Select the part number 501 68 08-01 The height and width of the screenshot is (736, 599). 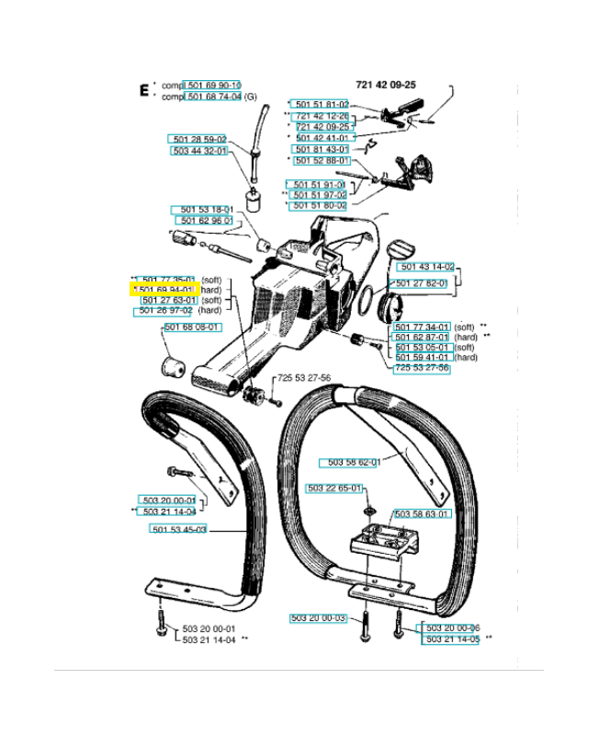(x=192, y=328)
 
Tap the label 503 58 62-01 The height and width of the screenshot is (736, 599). (x=354, y=463)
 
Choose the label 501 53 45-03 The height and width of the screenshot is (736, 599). (x=178, y=529)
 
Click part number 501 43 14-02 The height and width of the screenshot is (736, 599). (x=424, y=268)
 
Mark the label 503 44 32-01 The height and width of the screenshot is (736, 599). (x=199, y=151)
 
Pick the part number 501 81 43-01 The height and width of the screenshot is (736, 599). (x=322, y=149)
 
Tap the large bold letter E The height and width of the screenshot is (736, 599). (x=143, y=90)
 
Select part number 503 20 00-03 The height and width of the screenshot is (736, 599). (x=318, y=617)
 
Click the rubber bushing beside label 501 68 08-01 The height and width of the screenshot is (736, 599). (x=174, y=365)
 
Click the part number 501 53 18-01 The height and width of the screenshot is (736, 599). (x=203, y=211)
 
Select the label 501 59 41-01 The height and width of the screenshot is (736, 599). (x=422, y=357)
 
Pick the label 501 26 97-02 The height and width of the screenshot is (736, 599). (x=165, y=311)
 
